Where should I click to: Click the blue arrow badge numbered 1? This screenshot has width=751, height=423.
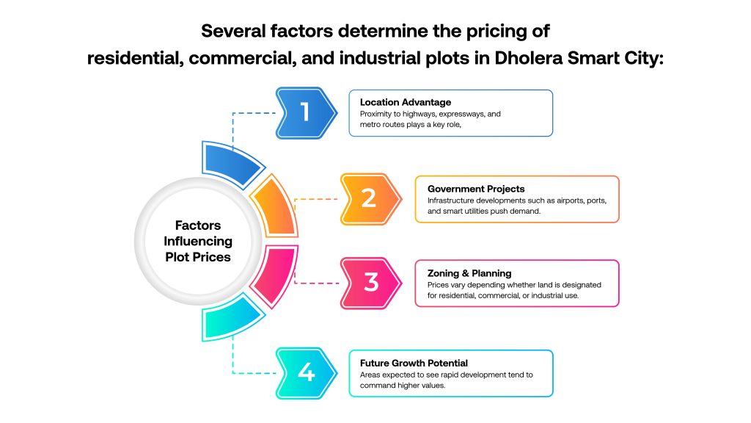(306, 113)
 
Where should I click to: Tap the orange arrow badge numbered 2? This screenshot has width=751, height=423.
(370, 199)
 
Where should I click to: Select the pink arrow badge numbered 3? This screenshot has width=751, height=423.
(370, 283)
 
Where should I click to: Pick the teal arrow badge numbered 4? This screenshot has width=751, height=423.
(306, 373)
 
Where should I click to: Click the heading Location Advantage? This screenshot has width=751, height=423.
(405, 102)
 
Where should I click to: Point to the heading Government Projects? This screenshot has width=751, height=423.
(476, 189)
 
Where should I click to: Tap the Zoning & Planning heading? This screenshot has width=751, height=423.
(469, 273)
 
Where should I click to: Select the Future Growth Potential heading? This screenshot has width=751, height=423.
(414, 363)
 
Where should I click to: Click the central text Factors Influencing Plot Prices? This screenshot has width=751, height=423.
(198, 241)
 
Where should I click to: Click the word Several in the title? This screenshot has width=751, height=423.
(233, 31)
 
